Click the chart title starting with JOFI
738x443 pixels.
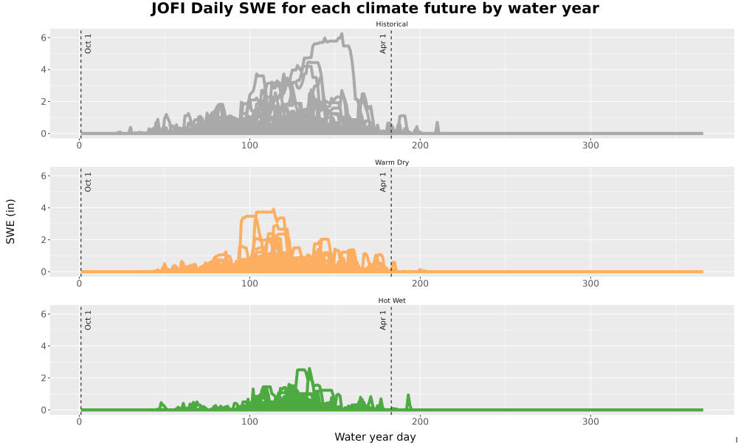click(x=375, y=8)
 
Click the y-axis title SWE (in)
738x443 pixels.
click(x=10, y=221)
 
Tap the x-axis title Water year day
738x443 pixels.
click(x=375, y=437)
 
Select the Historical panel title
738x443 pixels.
click(x=392, y=24)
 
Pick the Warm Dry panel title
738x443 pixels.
click(x=392, y=162)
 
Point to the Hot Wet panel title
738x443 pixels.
click(x=392, y=301)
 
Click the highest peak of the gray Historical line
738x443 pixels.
click(x=342, y=34)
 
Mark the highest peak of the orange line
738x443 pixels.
click(x=274, y=210)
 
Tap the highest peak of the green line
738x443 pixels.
click(x=308, y=369)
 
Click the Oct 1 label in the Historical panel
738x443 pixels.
click(x=88, y=44)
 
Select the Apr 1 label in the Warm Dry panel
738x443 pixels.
click(x=382, y=182)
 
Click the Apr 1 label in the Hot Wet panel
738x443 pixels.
click(x=382, y=320)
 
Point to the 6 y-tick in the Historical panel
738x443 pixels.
click(x=44, y=38)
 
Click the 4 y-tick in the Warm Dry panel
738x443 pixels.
click(x=44, y=208)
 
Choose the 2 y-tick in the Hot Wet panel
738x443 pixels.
click(x=44, y=378)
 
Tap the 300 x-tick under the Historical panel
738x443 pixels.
click(x=590, y=145)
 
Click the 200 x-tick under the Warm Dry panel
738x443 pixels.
click(x=420, y=284)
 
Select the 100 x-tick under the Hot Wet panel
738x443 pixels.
click(x=249, y=422)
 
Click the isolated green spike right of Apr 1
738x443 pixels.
click(x=408, y=402)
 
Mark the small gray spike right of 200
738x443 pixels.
click(x=437, y=127)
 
